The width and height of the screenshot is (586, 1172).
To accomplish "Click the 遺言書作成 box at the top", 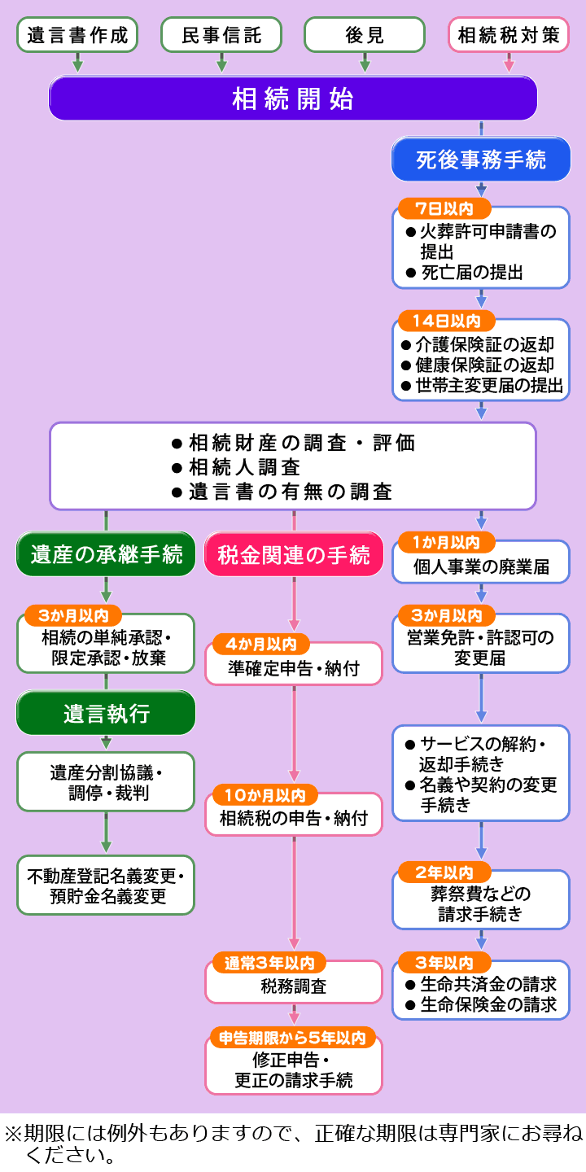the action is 77,35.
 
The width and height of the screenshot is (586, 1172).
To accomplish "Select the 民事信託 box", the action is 221,35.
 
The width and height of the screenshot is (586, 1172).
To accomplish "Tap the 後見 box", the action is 365,35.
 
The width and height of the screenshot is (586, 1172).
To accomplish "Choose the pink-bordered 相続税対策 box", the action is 509,35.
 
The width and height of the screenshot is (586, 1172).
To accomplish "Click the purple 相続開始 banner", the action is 293,98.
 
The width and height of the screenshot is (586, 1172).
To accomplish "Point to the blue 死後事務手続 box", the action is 481,160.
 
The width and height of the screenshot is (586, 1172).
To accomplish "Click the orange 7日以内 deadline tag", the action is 444,208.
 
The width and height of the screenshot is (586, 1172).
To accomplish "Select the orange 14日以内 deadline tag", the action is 447,321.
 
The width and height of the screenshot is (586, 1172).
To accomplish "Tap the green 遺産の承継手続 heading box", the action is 106,554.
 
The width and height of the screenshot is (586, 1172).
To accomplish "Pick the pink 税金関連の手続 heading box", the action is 294,554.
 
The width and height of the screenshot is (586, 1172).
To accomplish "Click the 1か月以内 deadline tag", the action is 446,543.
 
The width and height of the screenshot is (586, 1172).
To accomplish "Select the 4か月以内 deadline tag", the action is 261,644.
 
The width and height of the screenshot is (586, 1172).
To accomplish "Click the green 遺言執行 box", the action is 106,713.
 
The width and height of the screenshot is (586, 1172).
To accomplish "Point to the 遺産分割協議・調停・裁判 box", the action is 106,782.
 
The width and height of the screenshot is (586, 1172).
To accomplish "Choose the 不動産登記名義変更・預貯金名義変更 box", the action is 106,886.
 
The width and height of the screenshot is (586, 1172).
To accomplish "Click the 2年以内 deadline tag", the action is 444,872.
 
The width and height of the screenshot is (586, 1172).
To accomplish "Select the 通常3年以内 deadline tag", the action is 269,963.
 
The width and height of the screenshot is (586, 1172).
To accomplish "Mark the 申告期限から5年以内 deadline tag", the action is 292,1038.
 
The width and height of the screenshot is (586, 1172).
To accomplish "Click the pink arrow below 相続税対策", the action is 509,63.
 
